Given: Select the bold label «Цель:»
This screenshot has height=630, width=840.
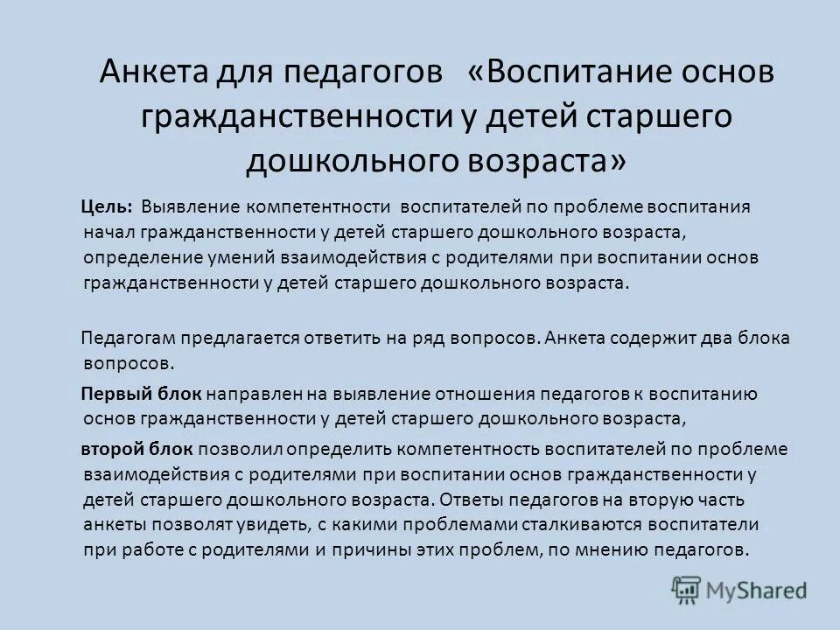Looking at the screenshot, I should (x=108, y=208).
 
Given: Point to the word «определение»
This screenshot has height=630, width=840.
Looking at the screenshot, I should (x=135, y=259).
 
